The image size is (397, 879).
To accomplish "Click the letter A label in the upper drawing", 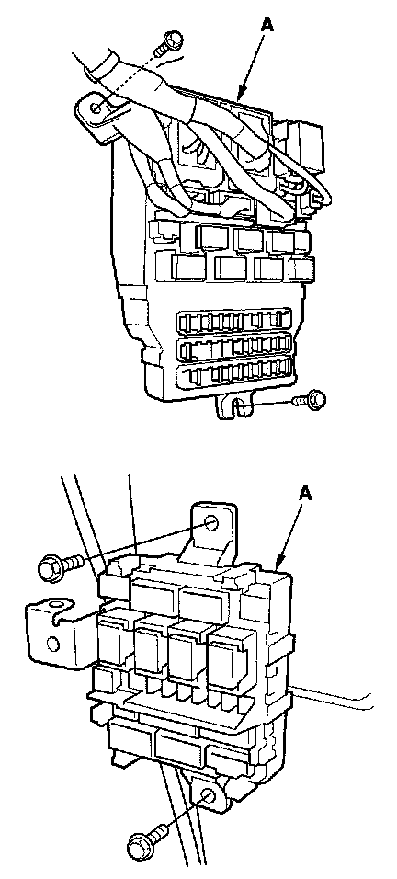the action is (x=267, y=25).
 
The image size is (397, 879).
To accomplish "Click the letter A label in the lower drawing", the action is (x=306, y=494).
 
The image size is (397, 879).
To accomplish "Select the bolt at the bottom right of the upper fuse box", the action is (x=310, y=401).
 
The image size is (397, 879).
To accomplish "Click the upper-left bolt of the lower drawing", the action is (x=60, y=566).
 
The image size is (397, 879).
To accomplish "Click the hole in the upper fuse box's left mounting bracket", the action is (x=96, y=107).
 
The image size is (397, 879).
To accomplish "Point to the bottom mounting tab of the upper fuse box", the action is (x=233, y=405).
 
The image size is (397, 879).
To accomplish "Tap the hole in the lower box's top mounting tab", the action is (x=211, y=523).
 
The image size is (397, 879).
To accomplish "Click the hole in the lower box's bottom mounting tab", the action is (x=207, y=796).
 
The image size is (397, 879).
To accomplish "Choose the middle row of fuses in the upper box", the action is (x=234, y=348).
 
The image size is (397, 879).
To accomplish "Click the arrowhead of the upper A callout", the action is (x=241, y=96).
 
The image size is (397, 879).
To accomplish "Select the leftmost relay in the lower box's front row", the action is (x=114, y=638).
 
